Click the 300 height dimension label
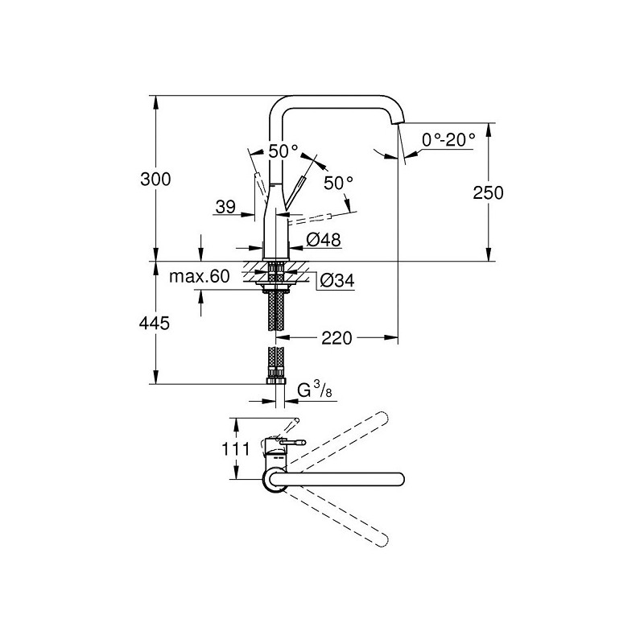coord(155,180)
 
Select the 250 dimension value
coord(488,192)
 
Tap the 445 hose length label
coord(155,324)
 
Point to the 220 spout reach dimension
coord(336,338)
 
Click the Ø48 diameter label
coord(324,239)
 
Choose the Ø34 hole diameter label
coord(336,281)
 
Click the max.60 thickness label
coord(199,276)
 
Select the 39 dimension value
coord(225,207)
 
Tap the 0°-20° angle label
coord(448,140)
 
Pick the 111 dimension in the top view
coord(236,449)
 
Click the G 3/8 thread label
coord(314,390)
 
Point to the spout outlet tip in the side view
coord(397,122)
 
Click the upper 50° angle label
coord(283,151)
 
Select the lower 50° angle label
coord(338,184)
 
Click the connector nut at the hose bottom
coord(275,381)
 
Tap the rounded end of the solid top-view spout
coord(400,479)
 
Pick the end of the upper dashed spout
coord(383,416)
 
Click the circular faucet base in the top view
coord(274,479)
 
